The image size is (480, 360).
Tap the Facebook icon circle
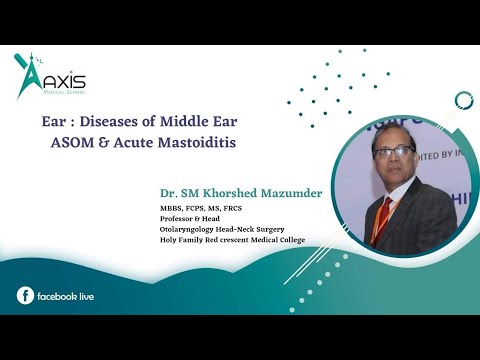25,295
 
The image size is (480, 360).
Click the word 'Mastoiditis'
206,142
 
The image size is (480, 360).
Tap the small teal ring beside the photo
463,100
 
